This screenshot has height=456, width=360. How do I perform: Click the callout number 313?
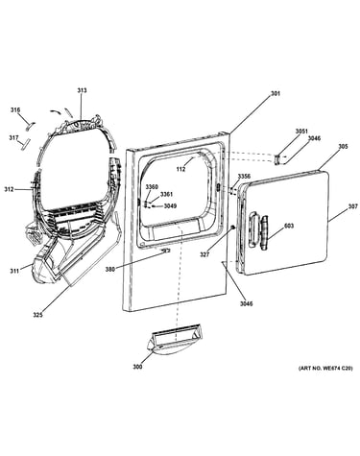tap(82, 90)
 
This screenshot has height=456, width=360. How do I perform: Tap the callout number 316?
tap(15, 110)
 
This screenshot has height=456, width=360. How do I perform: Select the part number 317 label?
tap(13, 138)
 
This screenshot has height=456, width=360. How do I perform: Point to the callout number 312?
tap(9, 189)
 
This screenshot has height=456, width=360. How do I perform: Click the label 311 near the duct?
tap(14, 272)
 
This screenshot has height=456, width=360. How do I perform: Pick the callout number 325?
tap(37, 315)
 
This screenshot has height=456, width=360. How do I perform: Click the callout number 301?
tap(276, 94)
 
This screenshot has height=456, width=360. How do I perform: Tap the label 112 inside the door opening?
tap(180, 169)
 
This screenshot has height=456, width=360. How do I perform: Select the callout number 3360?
tap(152, 187)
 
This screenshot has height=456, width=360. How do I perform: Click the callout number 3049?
tap(170, 206)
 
